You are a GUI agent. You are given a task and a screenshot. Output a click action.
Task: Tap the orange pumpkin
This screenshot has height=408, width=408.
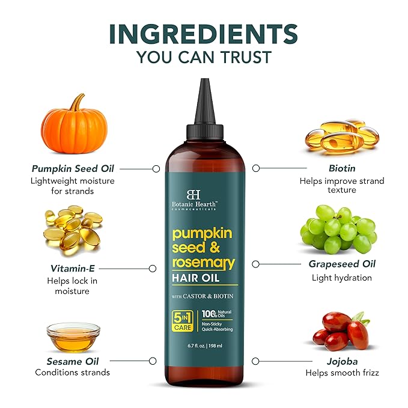(x=73, y=123)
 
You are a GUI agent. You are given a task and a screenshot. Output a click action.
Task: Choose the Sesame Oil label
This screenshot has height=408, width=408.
(x=73, y=361)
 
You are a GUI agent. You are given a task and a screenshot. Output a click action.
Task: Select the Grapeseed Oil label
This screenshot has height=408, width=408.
(x=341, y=264)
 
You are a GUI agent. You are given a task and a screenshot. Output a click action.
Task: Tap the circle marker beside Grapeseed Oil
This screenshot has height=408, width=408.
(x=255, y=264)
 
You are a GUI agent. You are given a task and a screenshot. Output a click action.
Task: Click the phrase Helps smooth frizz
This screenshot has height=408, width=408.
(x=342, y=373)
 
